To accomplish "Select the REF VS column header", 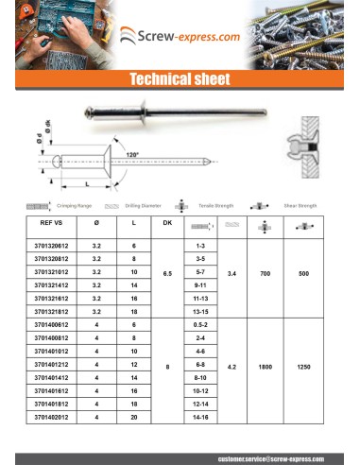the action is [x=46, y=223].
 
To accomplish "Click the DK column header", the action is [x=167, y=223].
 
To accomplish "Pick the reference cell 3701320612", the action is [x=50, y=245].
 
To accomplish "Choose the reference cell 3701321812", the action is [x=50, y=310].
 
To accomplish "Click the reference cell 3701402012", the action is [x=50, y=414].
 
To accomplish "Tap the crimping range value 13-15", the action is [x=199, y=310].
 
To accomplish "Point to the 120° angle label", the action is [x=131, y=154].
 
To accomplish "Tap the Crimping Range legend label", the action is [x=75, y=204].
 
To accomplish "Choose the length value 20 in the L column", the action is [x=134, y=414].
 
